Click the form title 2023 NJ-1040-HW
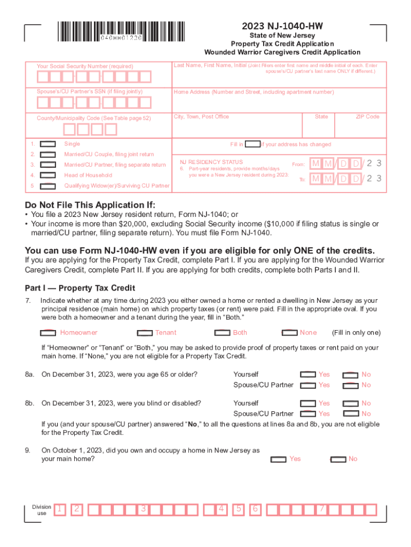tap(282, 26)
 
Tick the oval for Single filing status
tap(49, 144)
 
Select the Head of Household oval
tap(49, 175)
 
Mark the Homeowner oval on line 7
tap(49, 333)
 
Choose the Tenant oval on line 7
tap(144, 333)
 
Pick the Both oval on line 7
tap(222, 333)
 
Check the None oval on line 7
tap(289, 333)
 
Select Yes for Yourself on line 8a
tap(308, 375)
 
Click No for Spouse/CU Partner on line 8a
tap(350, 385)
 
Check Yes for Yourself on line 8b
tap(308, 404)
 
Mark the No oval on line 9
tap(338, 459)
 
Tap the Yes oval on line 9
tap(279, 459)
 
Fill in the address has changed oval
tap(252, 144)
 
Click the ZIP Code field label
tap(368, 116)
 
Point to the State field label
tap(321, 116)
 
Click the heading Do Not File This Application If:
tap(90, 206)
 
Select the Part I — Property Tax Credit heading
tap(80, 287)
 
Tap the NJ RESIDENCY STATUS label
tap(211, 162)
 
